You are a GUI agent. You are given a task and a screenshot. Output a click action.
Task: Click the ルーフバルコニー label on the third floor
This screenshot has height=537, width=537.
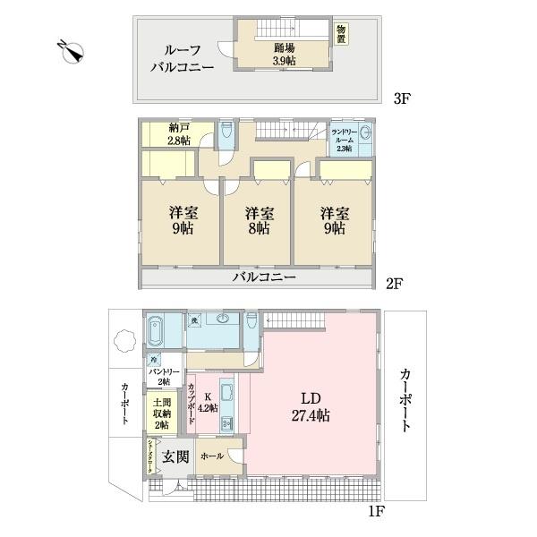coord(183,56)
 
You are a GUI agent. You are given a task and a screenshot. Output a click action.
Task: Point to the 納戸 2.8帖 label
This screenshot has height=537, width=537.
coord(177,133)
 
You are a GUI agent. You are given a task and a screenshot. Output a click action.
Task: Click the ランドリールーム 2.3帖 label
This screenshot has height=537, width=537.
coord(345,140)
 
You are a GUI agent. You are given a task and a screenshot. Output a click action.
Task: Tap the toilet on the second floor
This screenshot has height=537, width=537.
coord(227,134)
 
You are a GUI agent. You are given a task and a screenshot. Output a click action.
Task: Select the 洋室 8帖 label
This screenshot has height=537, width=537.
coord(260,221)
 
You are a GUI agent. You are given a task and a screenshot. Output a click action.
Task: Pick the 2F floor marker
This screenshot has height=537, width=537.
coord(395,285)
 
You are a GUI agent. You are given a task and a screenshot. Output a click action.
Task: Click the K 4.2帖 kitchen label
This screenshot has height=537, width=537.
coord(208,402)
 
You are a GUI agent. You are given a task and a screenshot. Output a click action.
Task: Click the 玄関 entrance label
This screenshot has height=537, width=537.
coord(175,457)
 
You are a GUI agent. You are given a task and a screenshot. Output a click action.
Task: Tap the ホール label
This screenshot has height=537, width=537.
coord(212,456)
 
